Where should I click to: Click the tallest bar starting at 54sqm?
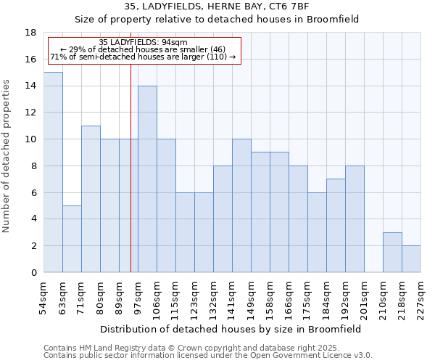tap(53, 172)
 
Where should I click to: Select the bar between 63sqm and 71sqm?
tap(72, 239)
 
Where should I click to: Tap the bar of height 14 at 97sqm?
tap(147, 179)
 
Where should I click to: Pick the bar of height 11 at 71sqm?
tap(91, 199)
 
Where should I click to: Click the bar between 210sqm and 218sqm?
tap(392, 252)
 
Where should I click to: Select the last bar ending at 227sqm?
tap(411, 258)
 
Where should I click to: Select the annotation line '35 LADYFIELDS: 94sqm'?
tap(143, 42)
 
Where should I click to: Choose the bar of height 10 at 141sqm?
tap(241, 205)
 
